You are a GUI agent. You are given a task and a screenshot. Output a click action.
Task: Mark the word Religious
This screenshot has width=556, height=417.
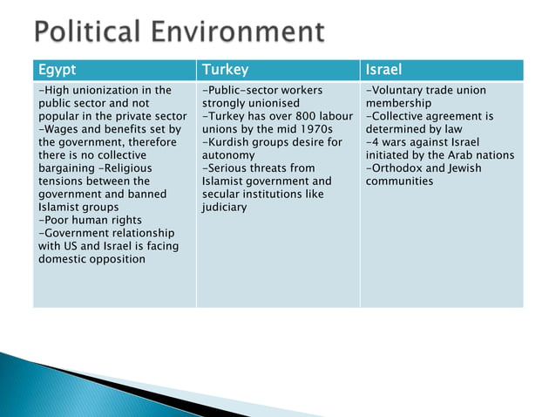(x=125, y=167)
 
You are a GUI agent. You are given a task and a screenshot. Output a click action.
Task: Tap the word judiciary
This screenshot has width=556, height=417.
(x=224, y=207)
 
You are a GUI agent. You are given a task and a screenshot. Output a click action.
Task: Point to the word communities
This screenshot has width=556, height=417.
(x=399, y=181)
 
